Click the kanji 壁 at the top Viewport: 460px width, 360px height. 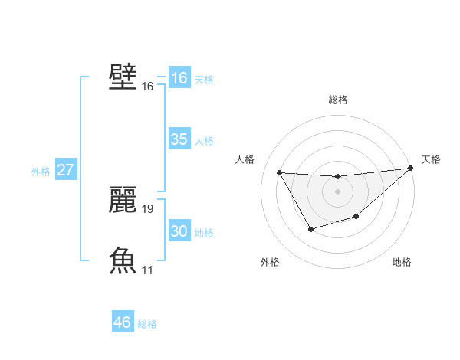click(123, 77)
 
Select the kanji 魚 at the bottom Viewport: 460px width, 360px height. click(123, 260)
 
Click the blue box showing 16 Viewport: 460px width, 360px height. click(179, 78)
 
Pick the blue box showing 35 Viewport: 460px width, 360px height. click(179, 139)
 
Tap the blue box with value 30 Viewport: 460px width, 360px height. click(179, 231)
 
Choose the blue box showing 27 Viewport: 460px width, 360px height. click(66, 170)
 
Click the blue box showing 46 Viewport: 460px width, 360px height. click(123, 322)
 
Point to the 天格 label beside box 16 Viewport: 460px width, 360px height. click(204, 80)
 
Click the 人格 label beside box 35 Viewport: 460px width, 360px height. click(204, 141)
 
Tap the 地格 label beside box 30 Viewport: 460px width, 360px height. click(204, 233)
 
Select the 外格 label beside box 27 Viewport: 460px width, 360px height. click(41, 172)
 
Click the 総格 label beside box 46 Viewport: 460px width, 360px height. click(147, 324)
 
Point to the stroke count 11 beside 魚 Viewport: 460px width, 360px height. click(148, 270)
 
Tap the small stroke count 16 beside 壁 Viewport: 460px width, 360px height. click(148, 87)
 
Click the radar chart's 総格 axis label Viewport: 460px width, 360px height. click(337, 100)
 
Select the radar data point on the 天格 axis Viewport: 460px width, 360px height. click(411, 169)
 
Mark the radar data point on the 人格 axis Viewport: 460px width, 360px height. click(280, 172)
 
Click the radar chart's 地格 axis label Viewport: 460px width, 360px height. click(402, 262)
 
